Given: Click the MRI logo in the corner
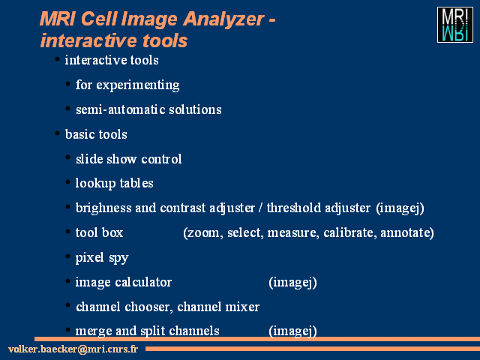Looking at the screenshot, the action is tap(455, 25).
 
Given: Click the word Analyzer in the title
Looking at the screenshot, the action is tap(223, 19).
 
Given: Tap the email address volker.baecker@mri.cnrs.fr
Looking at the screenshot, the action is tap(73, 349).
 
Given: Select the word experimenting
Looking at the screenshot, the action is tap(138, 85).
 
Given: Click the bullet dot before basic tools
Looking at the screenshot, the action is tap(57, 133).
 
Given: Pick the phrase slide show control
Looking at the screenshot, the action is tap(128, 159).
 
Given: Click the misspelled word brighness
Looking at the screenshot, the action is tap(103, 208).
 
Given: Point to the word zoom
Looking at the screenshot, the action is tap(203, 233).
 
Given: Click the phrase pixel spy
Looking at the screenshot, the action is tap(102, 258).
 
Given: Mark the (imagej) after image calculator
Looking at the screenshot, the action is tap(292, 282).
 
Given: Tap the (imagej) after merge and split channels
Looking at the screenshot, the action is tap(292, 331).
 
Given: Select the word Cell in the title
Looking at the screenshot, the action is tap(99, 19).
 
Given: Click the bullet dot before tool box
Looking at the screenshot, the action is tap(68, 232).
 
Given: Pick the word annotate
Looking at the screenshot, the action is tap(406, 232).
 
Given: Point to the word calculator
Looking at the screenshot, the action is tap(143, 282).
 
